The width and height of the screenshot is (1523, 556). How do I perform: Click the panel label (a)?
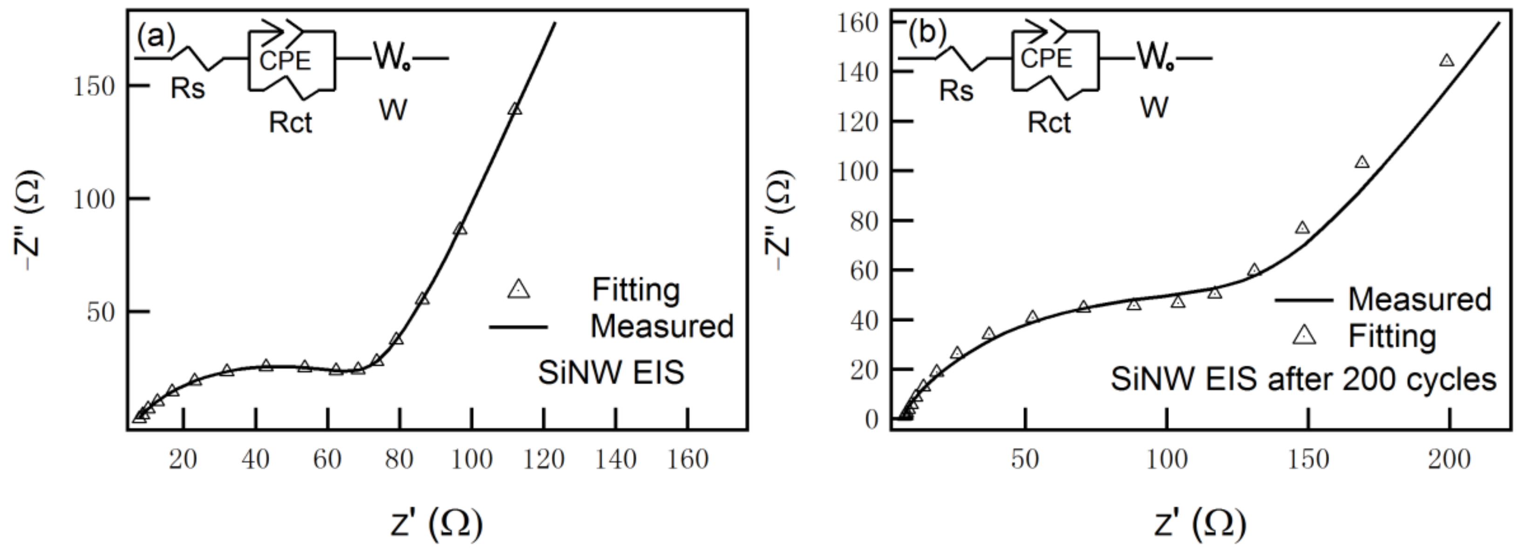point(156,37)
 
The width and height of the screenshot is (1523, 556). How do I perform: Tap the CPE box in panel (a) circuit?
point(286,61)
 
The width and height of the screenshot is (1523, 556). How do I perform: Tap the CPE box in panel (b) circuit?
point(1047,59)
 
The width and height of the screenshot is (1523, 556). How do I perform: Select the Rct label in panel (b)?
point(1049,123)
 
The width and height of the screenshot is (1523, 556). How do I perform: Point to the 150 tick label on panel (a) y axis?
point(94,87)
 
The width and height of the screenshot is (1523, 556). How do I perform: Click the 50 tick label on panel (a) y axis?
point(101,312)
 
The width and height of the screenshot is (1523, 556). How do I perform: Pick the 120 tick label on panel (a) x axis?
point(544,459)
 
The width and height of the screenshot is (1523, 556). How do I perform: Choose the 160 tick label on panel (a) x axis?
point(687,459)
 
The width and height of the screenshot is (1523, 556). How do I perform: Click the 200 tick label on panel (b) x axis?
point(1449,459)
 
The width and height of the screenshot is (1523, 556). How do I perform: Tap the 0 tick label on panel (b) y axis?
point(871,420)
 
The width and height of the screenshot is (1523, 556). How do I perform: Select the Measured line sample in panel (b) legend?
point(1303,300)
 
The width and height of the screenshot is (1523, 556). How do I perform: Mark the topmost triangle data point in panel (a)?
point(515,108)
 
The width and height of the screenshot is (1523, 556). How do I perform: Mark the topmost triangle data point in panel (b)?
point(1446,60)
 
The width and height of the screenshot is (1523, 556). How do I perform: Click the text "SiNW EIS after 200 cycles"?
point(1303,379)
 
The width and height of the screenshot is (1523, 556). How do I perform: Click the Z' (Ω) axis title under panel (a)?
point(436,523)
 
